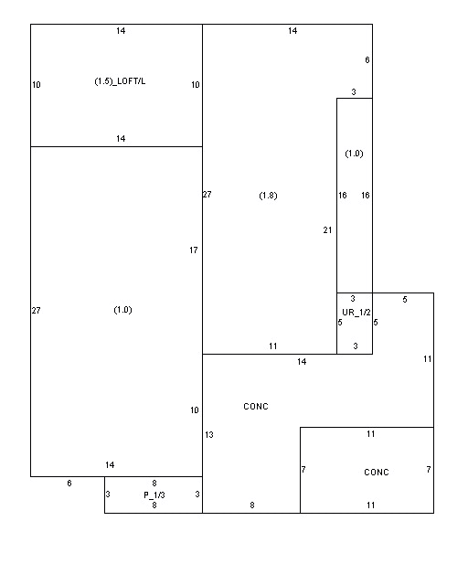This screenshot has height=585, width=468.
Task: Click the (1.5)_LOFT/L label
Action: pyautogui.click(x=120, y=81)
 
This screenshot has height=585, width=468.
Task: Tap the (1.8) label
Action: pyautogui.click(x=268, y=196)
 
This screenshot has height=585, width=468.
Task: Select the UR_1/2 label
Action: pyautogui.click(x=356, y=313)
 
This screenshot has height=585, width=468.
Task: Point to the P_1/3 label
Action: pyautogui.click(x=154, y=495)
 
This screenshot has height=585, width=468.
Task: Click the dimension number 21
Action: pyautogui.click(x=327, y=230)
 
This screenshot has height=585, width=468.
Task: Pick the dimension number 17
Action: pyautogui.click(x=193, y=250)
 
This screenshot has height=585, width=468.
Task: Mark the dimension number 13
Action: pyautogui.click(x=209, y=435)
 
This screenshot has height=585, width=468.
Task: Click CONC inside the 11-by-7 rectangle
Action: pyautogui.click(x=377, y=473)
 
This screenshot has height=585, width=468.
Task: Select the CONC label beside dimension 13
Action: pyautogui.click(x=256, y=406)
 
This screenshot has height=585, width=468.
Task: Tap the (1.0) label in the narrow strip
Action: pyautogui.click(x=354, y=154)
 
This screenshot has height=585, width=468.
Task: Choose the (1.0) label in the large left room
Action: pyautogui.click(x=122, y=310)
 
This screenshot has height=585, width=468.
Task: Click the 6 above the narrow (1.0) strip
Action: pyautogui.click(x=367, y=60)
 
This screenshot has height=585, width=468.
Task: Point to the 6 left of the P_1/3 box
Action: pyautogui.click(x=69, y=484)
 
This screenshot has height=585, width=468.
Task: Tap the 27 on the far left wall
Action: pyautogui.click(x=36, y=311)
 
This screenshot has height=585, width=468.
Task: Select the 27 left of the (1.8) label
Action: pyautogui.click(x=207, y=195)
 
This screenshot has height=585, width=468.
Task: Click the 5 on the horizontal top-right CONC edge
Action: pyautogui.click(x=405, y=300)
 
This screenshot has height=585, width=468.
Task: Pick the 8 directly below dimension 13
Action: pyautogui.click(x=252, y=505)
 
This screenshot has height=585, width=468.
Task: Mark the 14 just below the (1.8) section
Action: pyautogui.click(x=302, y=362)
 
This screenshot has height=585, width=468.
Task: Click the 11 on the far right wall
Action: pyautogui.click(x=427, y=359)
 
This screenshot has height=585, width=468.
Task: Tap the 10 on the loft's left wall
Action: pyautogui.click(x=37, y=85)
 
